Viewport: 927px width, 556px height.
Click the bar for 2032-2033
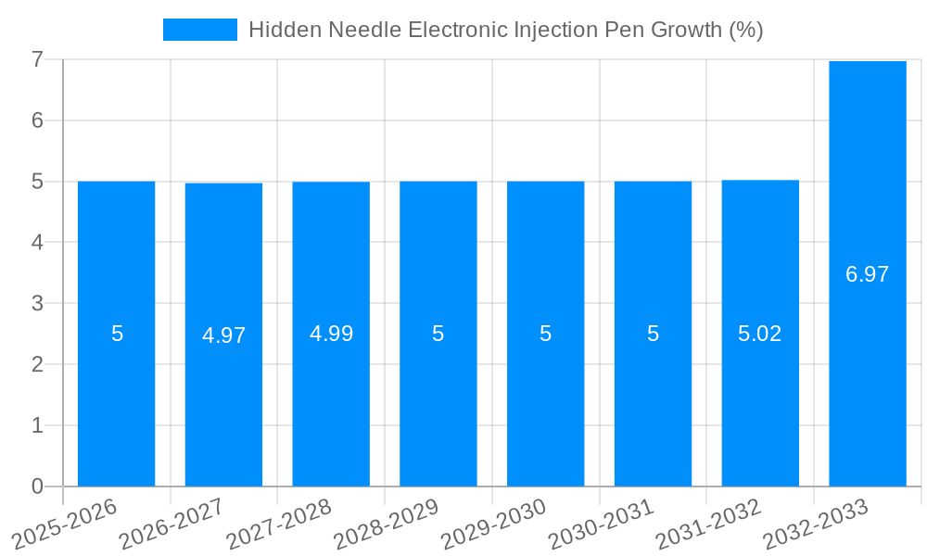coord(867,371)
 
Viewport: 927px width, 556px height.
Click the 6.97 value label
coord(867,274)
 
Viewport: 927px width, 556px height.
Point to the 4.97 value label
coord(223,335)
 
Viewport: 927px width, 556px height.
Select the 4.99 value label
coord(331,334)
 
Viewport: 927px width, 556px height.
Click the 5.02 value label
coord(759,334)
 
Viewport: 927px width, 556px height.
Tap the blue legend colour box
coord(199,30)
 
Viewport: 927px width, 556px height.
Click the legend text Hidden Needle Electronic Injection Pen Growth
coord(505,30)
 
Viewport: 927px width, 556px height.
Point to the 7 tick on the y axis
coord(37,60)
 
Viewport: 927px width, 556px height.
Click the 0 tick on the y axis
coord(37,486)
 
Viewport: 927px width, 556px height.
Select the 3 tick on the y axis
coord(37,303)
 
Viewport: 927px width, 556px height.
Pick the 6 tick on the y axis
coord(37,120)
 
